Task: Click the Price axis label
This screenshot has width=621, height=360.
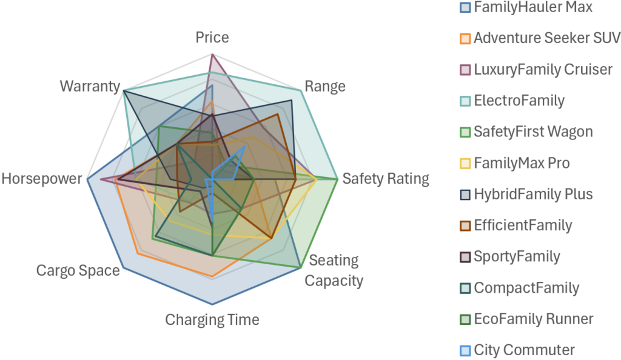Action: click(x=212, y=38)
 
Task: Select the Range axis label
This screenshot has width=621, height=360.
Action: click(x=325, y=86)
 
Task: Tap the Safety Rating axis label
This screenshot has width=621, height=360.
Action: click(x=385, y=179)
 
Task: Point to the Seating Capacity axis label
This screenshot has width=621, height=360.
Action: click(x=334, y=271)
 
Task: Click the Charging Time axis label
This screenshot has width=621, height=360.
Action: click(x=212, y=319)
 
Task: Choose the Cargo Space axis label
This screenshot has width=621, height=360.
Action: click(x=78, y=270)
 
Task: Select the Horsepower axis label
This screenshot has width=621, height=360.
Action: click(x=41, y=179)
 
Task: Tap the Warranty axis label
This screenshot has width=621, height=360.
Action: click(x=90, y=86)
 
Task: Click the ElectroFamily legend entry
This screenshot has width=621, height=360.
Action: click(x=519, y=101)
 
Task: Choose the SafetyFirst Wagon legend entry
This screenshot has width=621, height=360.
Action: click(x=533, y=132)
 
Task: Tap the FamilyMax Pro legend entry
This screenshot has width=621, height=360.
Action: click(x=522, y=163)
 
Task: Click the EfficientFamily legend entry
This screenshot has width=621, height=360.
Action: click(x=523, y=225)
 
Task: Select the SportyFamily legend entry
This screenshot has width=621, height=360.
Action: click(x=517, y=256)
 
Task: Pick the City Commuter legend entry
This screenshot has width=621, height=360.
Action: click(x=524, y=350)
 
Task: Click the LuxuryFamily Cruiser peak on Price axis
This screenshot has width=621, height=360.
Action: click(x=212, y=55)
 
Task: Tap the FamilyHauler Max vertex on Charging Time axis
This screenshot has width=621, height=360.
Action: click(x=212, y=304)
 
